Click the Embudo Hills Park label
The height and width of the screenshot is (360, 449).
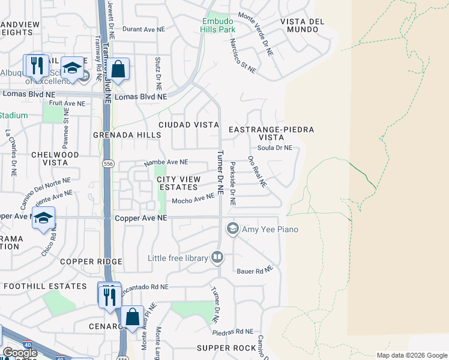217,23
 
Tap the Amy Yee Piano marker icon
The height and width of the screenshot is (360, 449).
232,229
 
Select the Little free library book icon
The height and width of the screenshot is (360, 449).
217,258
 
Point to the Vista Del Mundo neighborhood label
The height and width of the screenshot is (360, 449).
302,25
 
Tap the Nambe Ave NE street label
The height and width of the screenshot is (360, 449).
166,163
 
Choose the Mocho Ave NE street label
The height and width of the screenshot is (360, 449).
193,199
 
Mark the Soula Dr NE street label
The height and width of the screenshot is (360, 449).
274,148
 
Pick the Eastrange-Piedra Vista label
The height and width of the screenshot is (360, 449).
272,133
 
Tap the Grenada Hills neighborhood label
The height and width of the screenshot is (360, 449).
127,135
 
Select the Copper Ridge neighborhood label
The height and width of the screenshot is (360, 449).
91,262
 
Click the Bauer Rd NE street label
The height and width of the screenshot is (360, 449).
256,271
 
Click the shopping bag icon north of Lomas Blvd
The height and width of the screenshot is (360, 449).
119,69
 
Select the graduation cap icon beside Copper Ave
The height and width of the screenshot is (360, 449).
43,219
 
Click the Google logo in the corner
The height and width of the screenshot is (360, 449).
20,353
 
